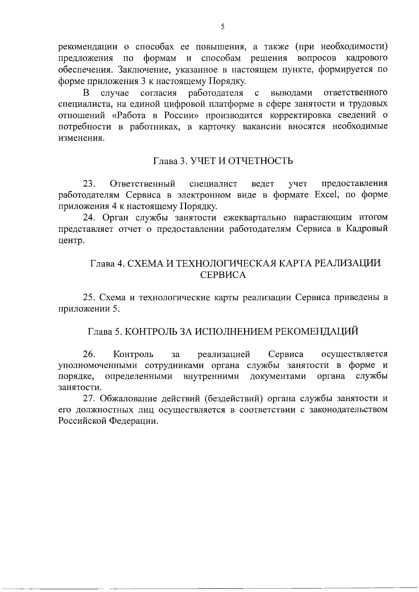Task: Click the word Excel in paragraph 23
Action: coord(326,195)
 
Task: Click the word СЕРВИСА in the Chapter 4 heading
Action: coord(223,275)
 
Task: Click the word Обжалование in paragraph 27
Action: coord(127,398)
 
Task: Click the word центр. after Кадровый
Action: coord(71,241)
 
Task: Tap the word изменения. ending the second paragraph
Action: coord(81,138)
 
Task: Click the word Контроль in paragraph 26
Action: coord(133,354)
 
